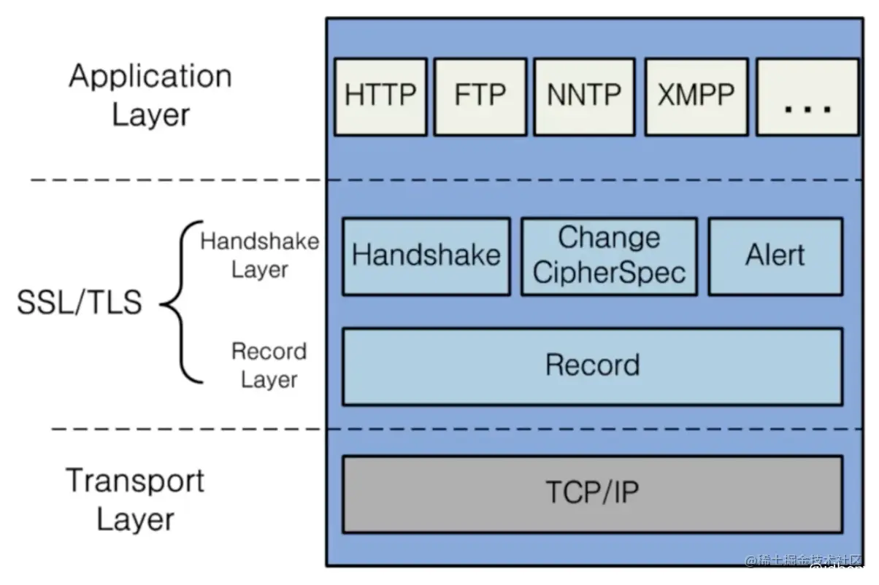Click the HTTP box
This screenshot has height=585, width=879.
pyautogui.click(x=380, y=97)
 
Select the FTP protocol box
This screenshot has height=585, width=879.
pyautogui.click(x=480, y=97)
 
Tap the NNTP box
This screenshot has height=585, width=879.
pyautogui.click(x=584, y=97)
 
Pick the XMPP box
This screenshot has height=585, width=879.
pyautogui.click(x=696, y=97)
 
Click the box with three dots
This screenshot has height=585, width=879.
pyautogui.click(x=807, y=97)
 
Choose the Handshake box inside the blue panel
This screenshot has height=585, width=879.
pyautogui.click(x=426, y=256)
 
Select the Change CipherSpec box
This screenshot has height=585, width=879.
pyautogui.click(x=610, y=256)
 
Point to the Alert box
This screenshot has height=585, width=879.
pyautogui.click(x=775, y=256)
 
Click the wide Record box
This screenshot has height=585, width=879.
pyautogui.click(x=593, y=367)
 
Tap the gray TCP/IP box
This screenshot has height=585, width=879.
pyautogui.click(x=593, y=494)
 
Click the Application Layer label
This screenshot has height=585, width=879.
pyautogui.click(x=150, y=96)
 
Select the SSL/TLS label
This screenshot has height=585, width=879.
pyautogui.click(x=80, y=302)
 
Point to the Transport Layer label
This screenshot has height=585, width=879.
pyautogui.click(x=135, y=500)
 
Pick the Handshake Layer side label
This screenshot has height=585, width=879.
pyautogui.click(x=260, y=255)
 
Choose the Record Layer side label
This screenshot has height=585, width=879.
pyautogui.click(x=269, y=365)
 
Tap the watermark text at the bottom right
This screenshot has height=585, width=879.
pyautogui.click(x=803, y=561)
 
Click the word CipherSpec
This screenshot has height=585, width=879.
pyautogui.click(x=610, y=273)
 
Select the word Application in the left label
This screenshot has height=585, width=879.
pyautogui.click(x=150, y=77)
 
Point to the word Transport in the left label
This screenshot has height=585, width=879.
pyautogui.click(x=135, y=481)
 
